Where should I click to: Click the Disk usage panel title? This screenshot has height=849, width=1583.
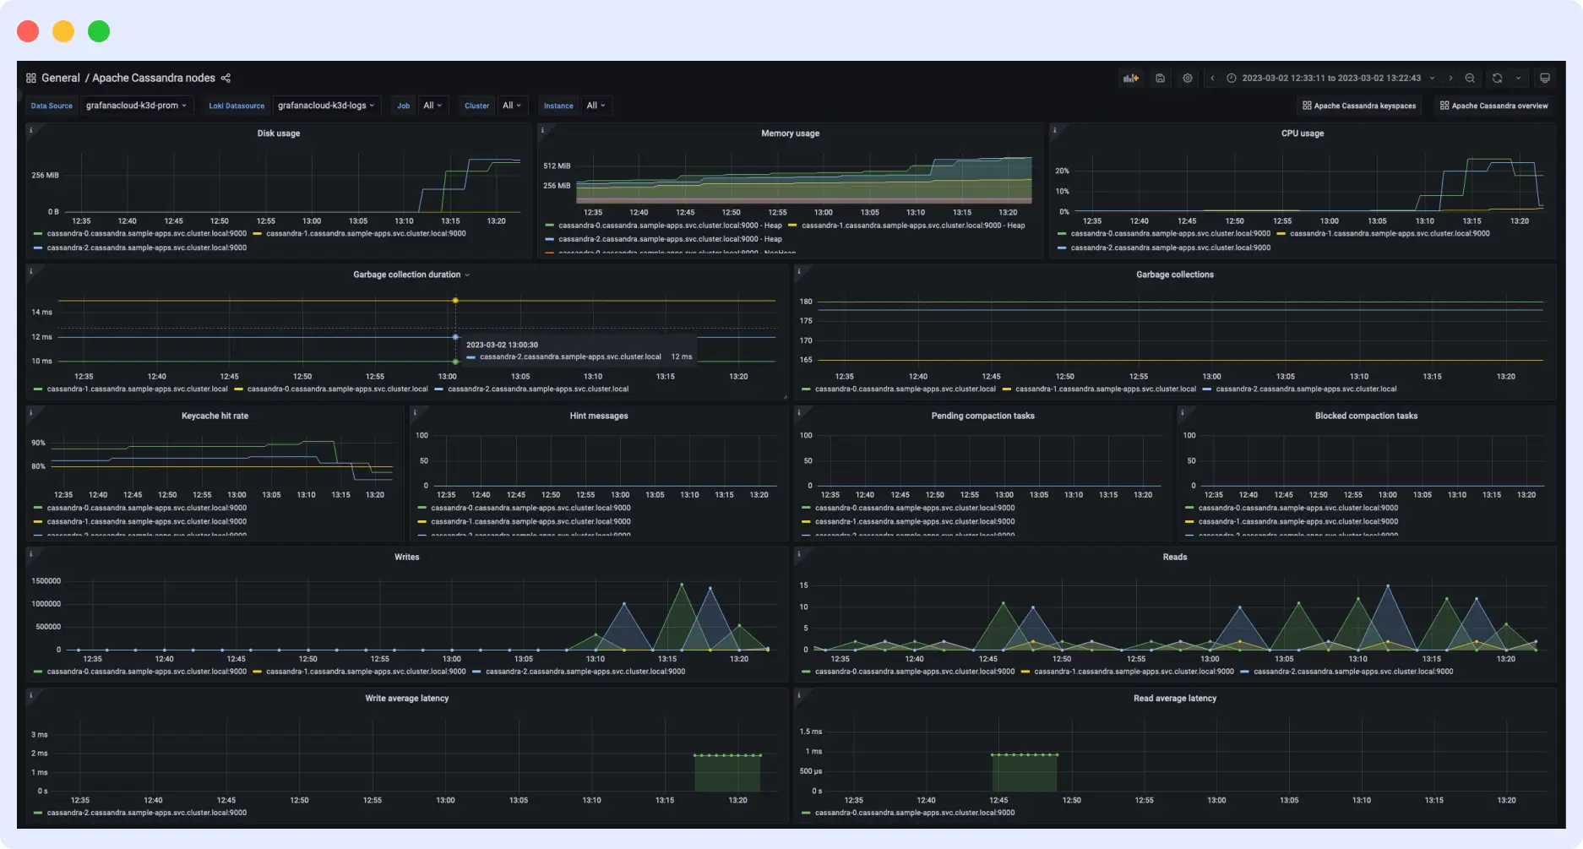[278, 133]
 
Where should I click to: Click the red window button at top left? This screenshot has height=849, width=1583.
[28, 31]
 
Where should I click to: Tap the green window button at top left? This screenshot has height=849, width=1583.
[99, 31]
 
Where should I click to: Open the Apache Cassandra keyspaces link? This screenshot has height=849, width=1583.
[1359, 106]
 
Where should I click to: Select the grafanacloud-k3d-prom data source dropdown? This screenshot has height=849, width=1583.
[136, 106]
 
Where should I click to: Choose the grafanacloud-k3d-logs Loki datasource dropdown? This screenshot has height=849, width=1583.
[325, 106]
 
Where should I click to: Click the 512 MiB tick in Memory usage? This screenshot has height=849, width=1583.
[557, 166]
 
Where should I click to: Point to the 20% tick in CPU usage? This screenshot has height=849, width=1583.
[1062, 171]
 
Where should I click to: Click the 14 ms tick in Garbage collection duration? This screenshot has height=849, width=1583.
[41, 312]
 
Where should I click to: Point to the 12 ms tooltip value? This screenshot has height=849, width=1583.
[681, 356]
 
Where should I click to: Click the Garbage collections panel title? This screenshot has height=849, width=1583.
[1174, 275]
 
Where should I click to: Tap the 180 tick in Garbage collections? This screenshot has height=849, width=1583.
[806, 302]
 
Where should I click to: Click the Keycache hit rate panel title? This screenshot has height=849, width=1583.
[215, 416]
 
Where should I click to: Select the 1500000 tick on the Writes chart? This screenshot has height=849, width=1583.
[46, 581]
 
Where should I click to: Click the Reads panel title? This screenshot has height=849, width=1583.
[1174, 557]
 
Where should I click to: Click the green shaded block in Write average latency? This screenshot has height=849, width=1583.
[727, 773]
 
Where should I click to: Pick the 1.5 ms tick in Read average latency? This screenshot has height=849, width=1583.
[810, 732]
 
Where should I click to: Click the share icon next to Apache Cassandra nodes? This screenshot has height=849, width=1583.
[226, 78]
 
